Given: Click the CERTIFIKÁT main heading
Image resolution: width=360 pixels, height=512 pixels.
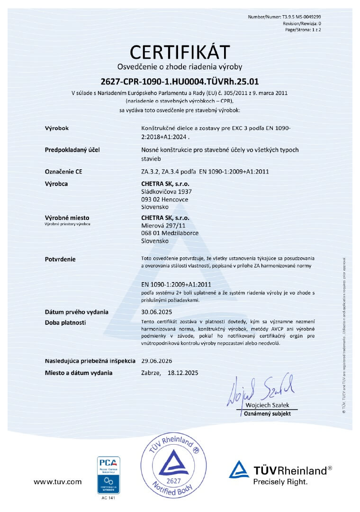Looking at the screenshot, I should pos(180,52).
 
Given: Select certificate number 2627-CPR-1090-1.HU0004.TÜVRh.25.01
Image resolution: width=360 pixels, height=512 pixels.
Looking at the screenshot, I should pos(180,81).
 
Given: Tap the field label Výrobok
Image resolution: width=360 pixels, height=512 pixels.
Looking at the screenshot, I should pos(57,128).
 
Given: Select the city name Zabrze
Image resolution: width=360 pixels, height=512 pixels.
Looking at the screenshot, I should pos(152,373).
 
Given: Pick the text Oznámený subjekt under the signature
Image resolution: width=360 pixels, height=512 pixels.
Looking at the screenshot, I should pos(267,414).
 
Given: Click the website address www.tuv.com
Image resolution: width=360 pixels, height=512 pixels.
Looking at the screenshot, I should pos(57,482).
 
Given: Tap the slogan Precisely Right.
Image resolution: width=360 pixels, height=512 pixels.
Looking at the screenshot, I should pos(280,482).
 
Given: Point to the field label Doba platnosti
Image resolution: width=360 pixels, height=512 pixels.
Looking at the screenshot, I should pos(65,322).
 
